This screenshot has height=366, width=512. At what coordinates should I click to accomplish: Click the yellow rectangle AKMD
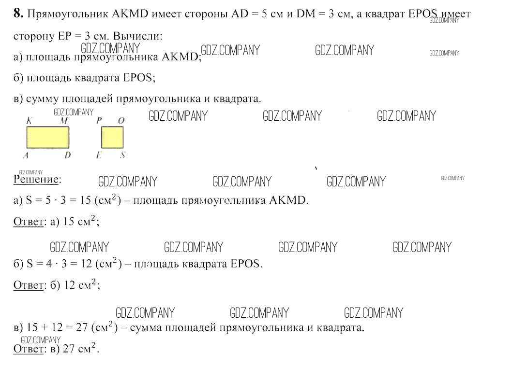pos(47,137)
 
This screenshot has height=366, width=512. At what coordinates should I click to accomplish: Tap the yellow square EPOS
pos(112,137)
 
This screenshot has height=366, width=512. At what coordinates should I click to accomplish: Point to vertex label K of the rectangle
pos(29,121)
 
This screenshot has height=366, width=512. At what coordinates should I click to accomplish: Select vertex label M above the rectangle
pos(63,121)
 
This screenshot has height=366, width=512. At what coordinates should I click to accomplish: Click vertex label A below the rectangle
pos(25,155)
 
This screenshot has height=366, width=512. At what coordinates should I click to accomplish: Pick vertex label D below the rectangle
pos(67,155)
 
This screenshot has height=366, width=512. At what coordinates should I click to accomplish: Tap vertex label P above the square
pos(99,121)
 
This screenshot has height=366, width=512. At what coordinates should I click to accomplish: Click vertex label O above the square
pos(121,121)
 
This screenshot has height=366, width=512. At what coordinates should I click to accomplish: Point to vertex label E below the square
pos(99,155)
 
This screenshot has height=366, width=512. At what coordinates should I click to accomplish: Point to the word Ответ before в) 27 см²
pos(29,349)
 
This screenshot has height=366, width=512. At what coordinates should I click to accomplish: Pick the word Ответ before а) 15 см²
pos(29,222)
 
